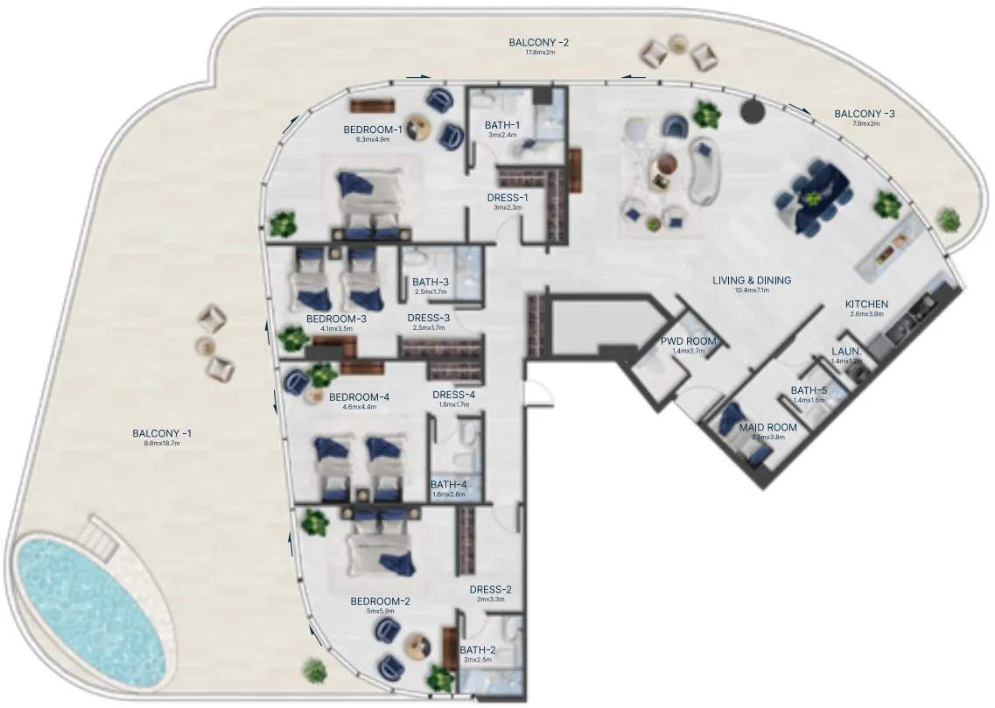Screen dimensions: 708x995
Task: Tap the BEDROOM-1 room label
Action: coord(373,130)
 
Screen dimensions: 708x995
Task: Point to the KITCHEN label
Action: coord(866,305)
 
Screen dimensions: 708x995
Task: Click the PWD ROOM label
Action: coord(688,341)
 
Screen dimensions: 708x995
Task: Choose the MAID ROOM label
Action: coord(767,428)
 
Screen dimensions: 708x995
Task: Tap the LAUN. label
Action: coord(846,352)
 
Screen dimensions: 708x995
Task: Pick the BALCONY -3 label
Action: coord(864,114)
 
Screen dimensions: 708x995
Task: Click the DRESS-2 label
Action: coord(490,589)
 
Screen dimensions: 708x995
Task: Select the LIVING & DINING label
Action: coord(751,281)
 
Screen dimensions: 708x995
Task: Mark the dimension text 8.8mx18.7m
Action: coord(161,444)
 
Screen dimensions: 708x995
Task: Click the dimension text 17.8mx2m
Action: coord(540,53)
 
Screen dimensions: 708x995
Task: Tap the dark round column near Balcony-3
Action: coord(752,109)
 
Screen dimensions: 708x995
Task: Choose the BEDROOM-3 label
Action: coord(336,319)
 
